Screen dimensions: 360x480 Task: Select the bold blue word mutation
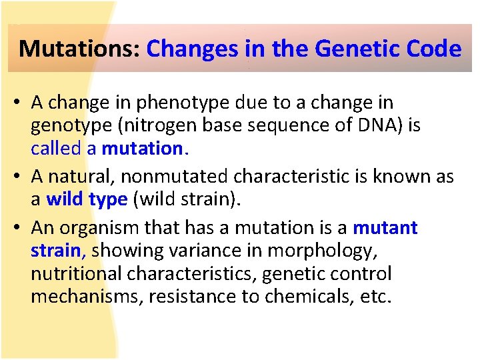[142, 149]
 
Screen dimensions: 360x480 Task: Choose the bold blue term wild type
[87, 199]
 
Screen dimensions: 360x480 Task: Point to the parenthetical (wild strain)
[189, 199]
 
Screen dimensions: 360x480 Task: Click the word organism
[99, 228]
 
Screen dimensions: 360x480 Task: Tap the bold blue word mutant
[385, 228]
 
